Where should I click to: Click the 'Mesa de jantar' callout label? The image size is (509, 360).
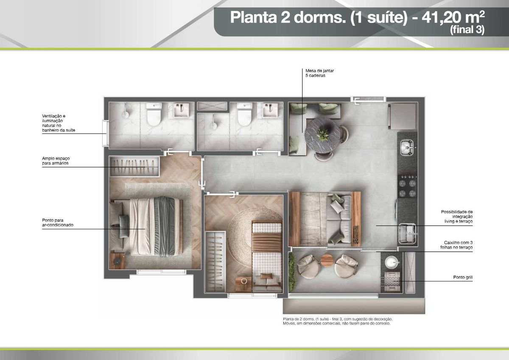pos(319,73)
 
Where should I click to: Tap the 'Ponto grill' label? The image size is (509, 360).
pos(463,277)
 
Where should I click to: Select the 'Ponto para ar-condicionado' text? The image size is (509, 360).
pos(58,223)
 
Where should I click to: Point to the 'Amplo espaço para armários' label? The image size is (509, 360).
pos(56,161)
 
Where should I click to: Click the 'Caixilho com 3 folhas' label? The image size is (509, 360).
pos(456,245)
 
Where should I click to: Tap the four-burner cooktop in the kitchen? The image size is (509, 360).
pos(407,186)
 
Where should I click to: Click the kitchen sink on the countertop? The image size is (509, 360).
pos(407,148)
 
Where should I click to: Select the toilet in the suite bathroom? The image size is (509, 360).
pos(154,114)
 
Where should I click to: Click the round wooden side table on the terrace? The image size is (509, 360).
pos(327,260)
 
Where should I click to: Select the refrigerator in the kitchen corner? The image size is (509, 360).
pos(403,116)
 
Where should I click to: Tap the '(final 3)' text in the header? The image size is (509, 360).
pos(467,30)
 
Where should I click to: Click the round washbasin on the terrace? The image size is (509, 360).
pos(392,262)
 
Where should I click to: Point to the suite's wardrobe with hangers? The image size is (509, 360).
pos(134,166)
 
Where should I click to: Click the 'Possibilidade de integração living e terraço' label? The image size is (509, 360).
pos(457,216)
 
